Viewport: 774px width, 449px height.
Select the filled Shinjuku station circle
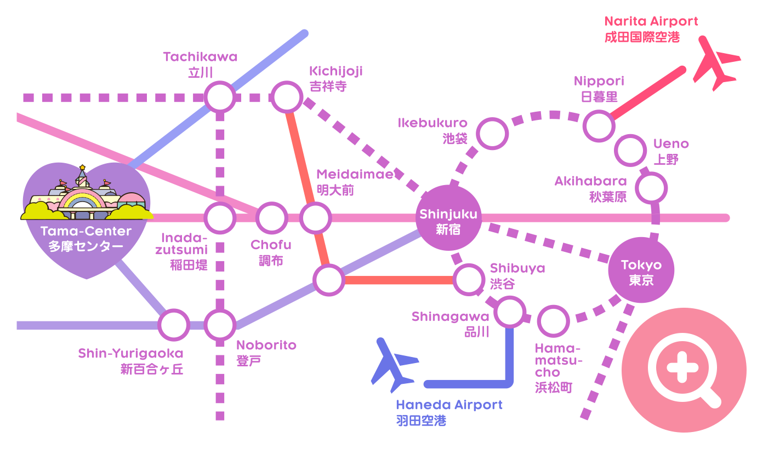point(448,218)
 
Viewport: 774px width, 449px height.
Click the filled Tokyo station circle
point(641,270)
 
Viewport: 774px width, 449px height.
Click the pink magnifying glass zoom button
point(684,370)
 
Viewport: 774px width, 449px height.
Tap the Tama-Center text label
point(86,231)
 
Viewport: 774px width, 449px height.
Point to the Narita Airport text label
point(651,21)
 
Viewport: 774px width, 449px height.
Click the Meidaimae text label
point(355,174)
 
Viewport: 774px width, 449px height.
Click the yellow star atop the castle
point(82,168)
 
